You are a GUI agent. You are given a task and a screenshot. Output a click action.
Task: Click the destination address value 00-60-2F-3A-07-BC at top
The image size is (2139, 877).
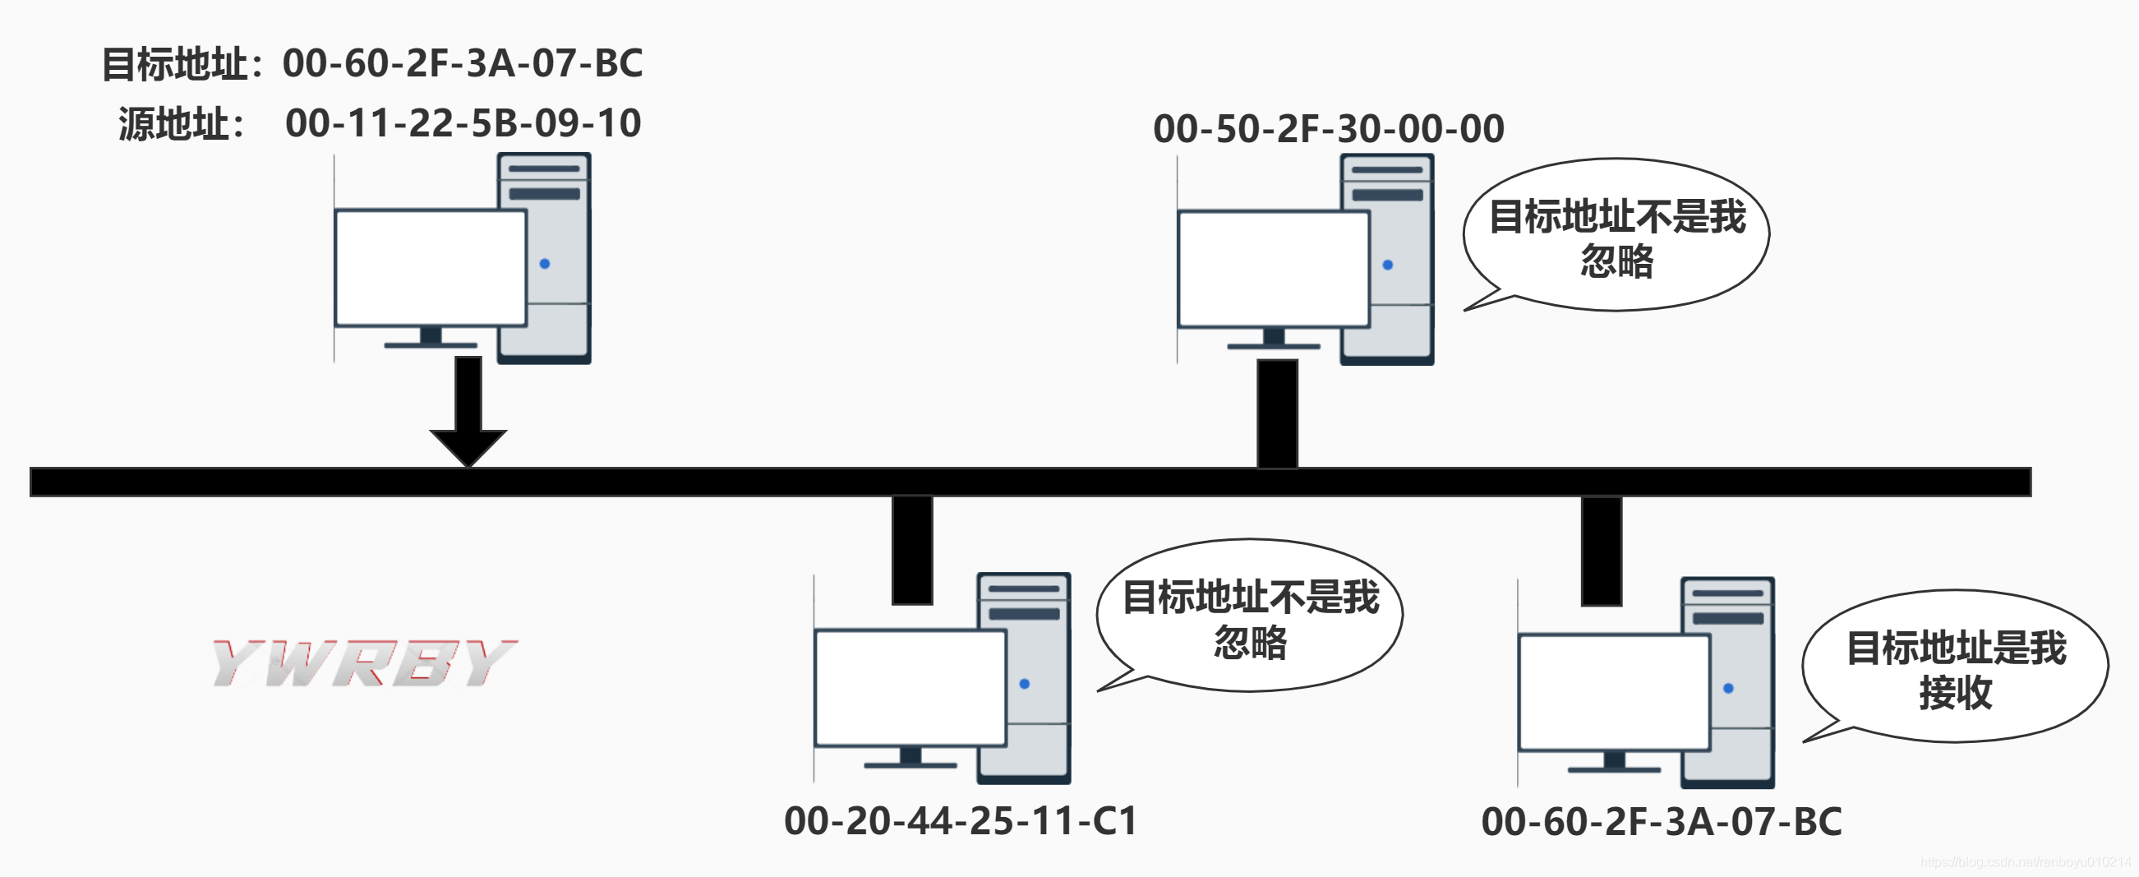click(463, 63)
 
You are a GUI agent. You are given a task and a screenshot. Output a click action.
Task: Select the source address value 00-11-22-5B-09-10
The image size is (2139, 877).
click(463, 123)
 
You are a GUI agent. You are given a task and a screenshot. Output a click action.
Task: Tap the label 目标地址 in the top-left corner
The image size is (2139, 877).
click(174, 64)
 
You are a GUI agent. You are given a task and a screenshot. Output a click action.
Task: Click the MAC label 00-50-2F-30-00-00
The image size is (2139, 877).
click(1329, 129)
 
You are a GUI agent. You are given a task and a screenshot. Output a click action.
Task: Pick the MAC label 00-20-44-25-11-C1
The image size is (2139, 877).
click(961, 820)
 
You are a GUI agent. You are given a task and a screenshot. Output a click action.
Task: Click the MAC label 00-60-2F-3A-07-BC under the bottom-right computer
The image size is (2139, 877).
click(1662, 821)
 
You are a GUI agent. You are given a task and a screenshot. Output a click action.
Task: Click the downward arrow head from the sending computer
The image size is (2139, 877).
click(468, 447)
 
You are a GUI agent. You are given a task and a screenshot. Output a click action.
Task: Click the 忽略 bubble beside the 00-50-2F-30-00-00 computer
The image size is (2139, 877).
click(1616, 235)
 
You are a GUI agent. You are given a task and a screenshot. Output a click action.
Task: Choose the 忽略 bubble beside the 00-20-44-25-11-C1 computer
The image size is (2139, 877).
click(1250, 616)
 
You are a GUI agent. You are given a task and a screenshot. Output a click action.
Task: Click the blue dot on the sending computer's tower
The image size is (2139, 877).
click(545, 263)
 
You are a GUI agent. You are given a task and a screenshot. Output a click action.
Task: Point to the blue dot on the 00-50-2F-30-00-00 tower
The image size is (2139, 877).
click(1388, 265)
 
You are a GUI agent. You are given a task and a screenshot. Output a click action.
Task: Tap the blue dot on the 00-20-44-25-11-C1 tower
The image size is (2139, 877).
click(1024, 684)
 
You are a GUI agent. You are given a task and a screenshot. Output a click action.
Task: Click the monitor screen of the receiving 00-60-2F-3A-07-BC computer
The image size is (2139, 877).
click(1613, 692)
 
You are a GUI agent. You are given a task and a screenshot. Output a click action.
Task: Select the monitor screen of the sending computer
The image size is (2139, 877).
click(430, 267)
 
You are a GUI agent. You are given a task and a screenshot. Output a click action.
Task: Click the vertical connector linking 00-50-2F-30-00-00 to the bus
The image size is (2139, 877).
click(1277, 413)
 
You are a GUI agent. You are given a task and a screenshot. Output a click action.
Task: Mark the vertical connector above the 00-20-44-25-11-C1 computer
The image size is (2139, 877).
click(912, 550)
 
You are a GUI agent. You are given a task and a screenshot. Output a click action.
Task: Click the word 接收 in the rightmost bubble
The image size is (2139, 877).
click(1956, 693)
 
